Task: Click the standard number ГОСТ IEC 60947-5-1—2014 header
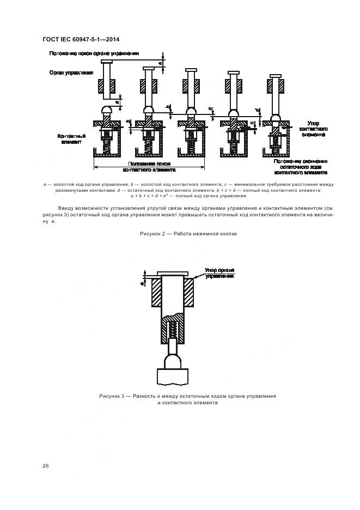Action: click(x=81, y=39)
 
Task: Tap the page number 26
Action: click(x=45, y=466)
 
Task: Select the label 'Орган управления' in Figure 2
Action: click(x=70, y=71)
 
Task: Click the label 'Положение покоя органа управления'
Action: click(x=94, y=53)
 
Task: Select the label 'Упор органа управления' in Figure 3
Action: click(x=219, y=272)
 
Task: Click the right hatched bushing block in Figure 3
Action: click(x=189, y=293)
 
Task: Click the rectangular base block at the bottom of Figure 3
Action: click(x=173, y=376)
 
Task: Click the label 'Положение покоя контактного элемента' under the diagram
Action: click(x=150, y=166)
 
